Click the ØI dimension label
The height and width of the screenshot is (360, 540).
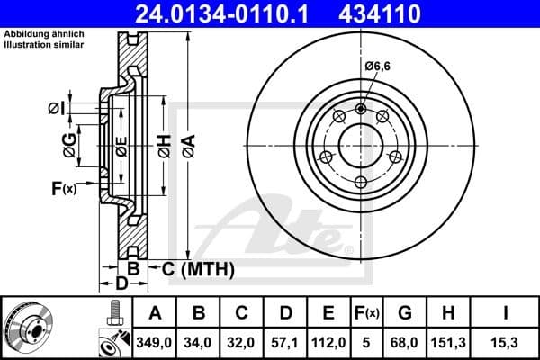(57, 109)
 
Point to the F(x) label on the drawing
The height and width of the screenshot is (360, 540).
(64, 189)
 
